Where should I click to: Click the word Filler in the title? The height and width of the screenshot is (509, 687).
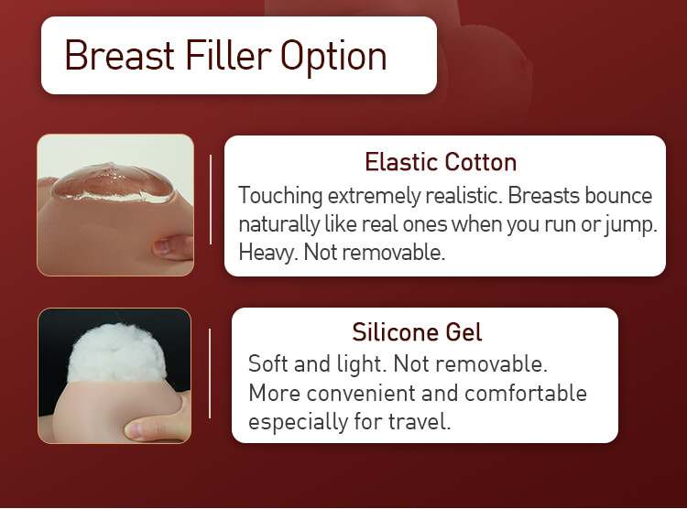coord(228,55)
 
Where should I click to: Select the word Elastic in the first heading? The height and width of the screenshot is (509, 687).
coord(402,162)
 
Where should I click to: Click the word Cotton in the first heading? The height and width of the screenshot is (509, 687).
coord(481,162)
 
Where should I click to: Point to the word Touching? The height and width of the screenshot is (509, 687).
coord(280,196)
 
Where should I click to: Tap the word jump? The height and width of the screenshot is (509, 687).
coord(631,225)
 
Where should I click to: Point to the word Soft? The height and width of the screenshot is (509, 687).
coord(267,363)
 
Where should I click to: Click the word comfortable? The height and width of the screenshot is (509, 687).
coord(526,393)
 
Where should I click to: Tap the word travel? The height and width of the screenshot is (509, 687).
coord(420,421)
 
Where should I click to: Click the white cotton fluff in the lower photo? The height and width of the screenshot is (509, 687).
coord(116,352)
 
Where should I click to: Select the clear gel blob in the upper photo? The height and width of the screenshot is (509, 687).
coord(113,183)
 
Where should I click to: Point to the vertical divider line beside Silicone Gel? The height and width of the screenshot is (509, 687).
coord(210,374)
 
